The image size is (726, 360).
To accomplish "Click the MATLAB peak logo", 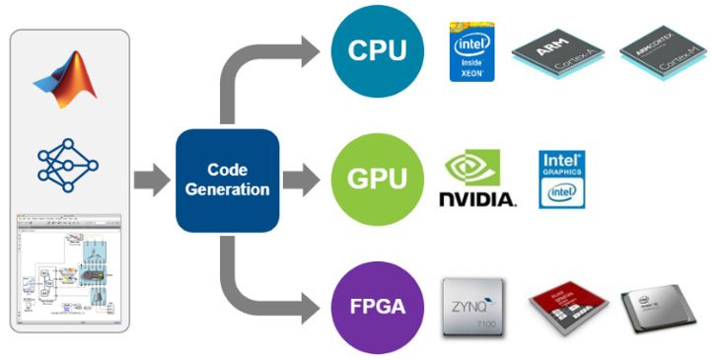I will tap(69, 78).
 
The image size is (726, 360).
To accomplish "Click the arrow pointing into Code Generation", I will tap(151, 180).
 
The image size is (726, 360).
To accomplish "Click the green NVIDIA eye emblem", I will tap(472, 167).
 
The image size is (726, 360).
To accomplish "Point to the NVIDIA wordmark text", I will tap(476, 199).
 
